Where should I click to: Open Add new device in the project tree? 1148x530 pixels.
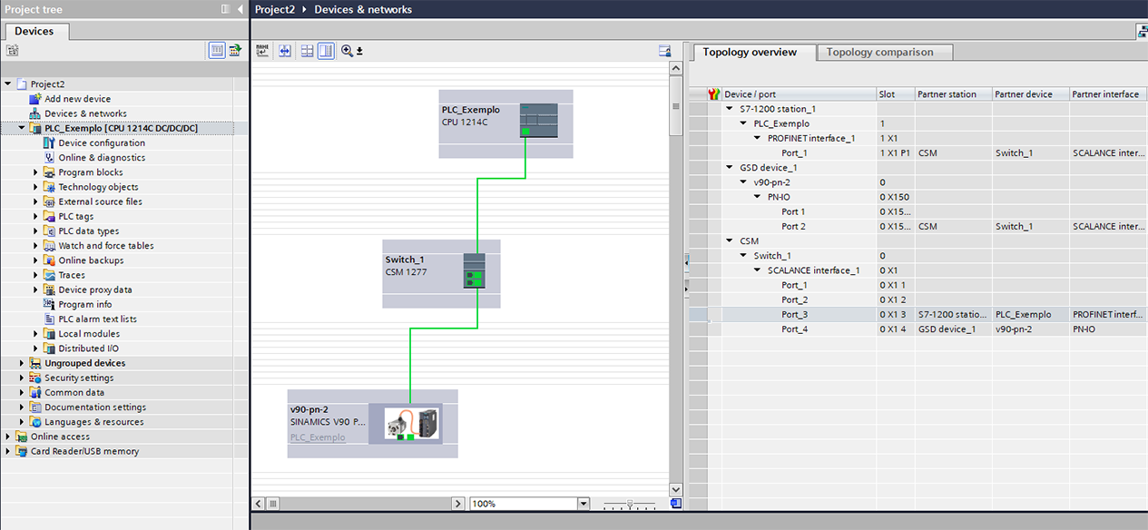pyautogui.click(x=77, y=99)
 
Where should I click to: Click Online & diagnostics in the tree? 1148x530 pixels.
pyautogui.click(x=102, y=157)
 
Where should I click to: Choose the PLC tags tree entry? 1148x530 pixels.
pyautogui.click(x=76, y=216)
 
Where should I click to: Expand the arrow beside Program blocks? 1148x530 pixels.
pyautogui.click(x=35, y=172)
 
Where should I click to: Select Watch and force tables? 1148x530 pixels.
pyautogui.click(x=106, y=246)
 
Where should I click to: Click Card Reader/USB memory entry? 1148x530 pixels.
pyautogui.click(x=84, y=451)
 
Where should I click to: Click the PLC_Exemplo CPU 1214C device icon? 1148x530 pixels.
pyautogui.click(x=539, y=121)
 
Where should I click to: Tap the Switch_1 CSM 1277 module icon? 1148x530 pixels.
pyautogui.click(x=474, y=270)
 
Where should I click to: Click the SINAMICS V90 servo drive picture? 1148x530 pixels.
pyautogui.click(x=411, y=424)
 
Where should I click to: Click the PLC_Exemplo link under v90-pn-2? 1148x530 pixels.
pyautogui.click(x=318, y=437)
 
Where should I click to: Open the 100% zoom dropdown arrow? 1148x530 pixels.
pyautogui.click(x=584, y=504)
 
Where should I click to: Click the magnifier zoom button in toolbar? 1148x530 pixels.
pyautogui.click(x=347, y=51)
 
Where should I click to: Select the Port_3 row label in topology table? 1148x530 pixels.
pyautogui.click(x=794, y=315)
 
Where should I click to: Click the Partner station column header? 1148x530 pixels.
pyautogui.click(x=947, y=94)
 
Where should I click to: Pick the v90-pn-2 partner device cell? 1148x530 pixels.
pyautogui.click(x=1014, y=329)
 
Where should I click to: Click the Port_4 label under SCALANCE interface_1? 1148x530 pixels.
pyautogui.click(x=794, y=329)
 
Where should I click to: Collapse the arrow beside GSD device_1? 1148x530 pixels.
pyautogui.click(x=730, y=168)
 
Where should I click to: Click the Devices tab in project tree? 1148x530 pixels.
pyautogui.click(x=34, y=31)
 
